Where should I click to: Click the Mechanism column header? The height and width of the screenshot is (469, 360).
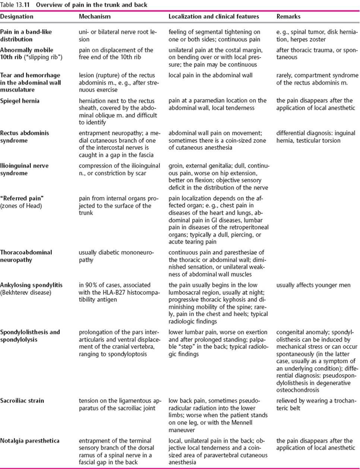pyautogui.click(x=95, y=16)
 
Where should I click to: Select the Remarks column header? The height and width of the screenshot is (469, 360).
pyautogui.click(x=288, y=16)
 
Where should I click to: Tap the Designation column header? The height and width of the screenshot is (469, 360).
pyautogui.click(x=17, y=16)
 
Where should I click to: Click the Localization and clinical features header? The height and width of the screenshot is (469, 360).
pyautogui.click(x=214, y=16)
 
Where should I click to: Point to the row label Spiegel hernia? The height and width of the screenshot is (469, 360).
pyautogui.click(x=20, y=101)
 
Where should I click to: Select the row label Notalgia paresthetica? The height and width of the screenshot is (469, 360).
pyautogui.click(x=30, y=441)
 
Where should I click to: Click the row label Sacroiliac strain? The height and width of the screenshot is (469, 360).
pyautogui.click(x=22, y=401)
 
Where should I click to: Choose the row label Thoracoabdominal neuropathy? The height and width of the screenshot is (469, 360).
pyautogui.click(x=26, y=256)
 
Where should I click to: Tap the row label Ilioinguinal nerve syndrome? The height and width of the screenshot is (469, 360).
pyautogui.click(x=24, y=169)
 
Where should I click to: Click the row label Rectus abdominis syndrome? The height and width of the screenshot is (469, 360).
pyautogui.click(x=25, y=136)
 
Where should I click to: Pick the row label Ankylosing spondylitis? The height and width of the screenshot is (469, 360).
pyautogui.click(x=31, y=285)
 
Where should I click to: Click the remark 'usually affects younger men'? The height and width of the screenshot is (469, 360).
pyautogui.click(x=313, y=285)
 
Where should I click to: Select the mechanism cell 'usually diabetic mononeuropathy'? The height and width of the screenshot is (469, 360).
pyautogui.click(x=116, y=256)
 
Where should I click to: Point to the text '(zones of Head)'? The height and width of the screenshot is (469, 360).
pyautogui.click(x=21, y=206)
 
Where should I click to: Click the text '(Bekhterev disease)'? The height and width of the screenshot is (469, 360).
pyautogui.click(x=26, y=293)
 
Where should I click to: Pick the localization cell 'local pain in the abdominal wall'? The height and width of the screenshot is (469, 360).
pyautogui.click(x=211, y=75)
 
